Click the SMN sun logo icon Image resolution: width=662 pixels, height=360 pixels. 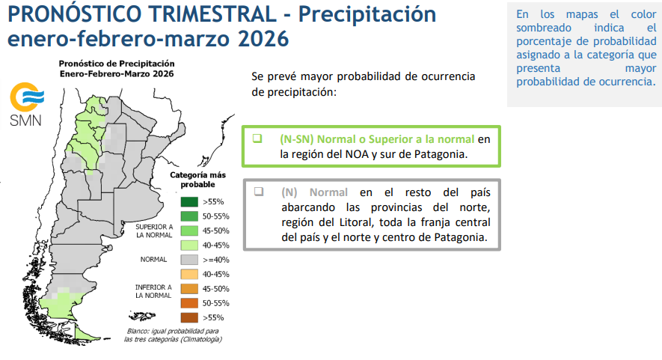[x=26, y=96]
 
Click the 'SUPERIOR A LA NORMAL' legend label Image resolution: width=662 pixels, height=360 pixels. [x=154, y=230]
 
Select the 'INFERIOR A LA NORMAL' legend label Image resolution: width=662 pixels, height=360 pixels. [x=154, y=291]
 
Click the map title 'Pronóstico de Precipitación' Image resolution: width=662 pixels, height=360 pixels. [x=117, y=64]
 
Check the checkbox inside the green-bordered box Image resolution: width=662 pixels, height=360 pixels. [x=257, y=138]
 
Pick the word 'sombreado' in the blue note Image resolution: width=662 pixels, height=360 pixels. [x=542, y=28]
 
